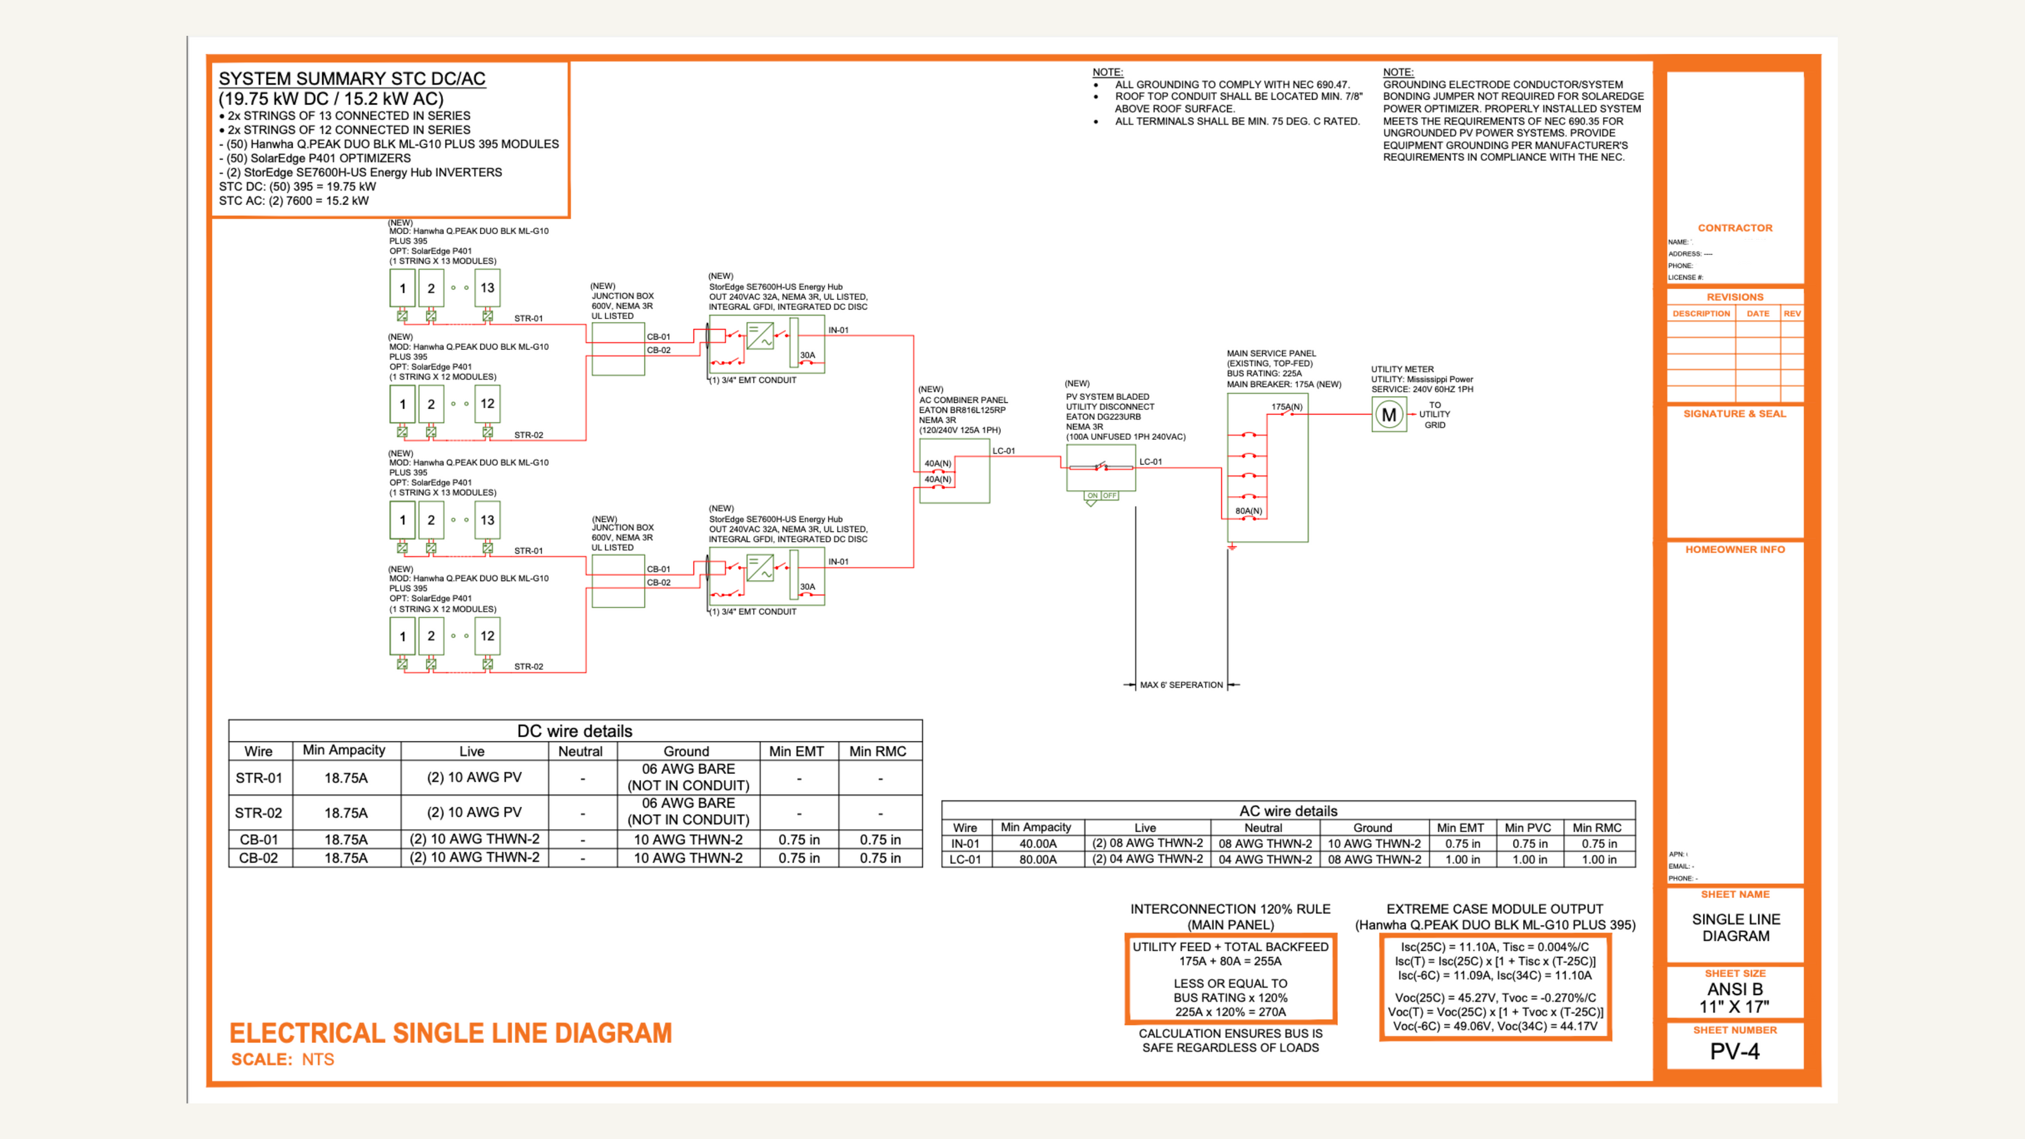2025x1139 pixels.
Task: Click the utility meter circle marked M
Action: tap(1388, 414)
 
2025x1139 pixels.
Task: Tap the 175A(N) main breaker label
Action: tap(1286, 406)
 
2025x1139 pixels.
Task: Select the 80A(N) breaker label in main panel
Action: tap(1249, 511)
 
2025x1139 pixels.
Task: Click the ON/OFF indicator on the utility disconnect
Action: tap(1100, 496)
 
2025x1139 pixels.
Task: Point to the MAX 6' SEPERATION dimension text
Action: tap(1181, 685)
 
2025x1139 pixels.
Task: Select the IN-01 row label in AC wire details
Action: tap(964, 843)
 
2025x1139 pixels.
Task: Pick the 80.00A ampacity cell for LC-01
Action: tap(1038, 860)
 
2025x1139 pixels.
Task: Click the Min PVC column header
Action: tap(1528, 828)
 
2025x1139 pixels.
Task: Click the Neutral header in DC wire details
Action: tap(580, 752)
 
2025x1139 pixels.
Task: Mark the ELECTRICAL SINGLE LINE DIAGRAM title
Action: tap(451, 1033)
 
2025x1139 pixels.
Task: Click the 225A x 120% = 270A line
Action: tap(1230, 1012)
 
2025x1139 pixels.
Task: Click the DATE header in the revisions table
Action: tap(1758, 314)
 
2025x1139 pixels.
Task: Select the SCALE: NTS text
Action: tap(282, 1060)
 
